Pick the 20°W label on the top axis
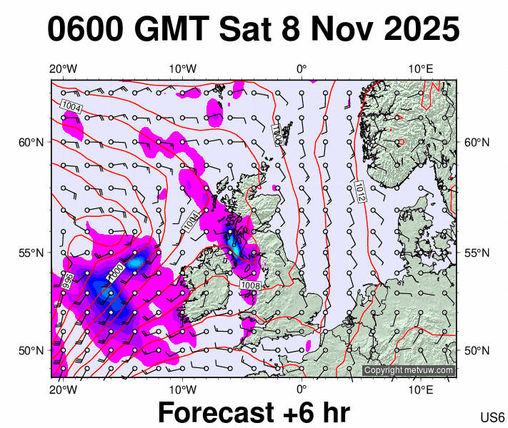(x=64, y=68)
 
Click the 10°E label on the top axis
(x=422, y=68)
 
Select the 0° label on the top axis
(x=302, y=68)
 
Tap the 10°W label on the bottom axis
(x=183, y=389)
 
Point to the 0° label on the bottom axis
(x=302, y=389)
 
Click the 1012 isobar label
(x=361, y=190)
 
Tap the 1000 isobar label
(x=116, y=272)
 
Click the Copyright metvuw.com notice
(x=409, y=370)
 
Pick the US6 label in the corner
(x=493, y=417)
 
